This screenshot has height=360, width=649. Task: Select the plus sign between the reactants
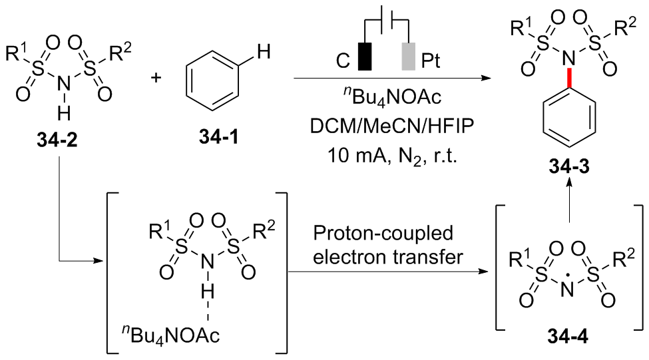click(158, 78)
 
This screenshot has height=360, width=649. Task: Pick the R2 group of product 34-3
click(630, 28)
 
